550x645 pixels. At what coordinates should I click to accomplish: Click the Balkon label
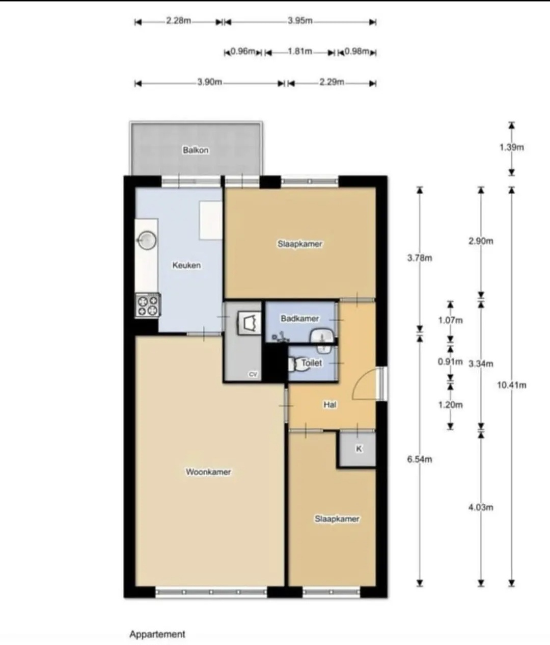coord(196,150)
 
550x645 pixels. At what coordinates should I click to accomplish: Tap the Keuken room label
coord(186,265)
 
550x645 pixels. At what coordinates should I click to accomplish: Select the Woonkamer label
coord(208,472)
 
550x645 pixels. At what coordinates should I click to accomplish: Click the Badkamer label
coord(300,319)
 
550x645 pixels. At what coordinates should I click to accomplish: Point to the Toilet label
coord(312,363)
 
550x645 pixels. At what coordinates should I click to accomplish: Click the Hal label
coord(329,405)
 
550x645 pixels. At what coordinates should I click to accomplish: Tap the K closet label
coord(359,449)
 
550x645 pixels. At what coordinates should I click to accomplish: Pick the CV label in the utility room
coord(253,374)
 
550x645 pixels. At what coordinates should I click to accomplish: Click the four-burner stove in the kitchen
coord(148,306)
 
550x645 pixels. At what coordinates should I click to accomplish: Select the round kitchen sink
coord(147,240)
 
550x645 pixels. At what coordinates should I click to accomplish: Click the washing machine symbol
coord(249,323)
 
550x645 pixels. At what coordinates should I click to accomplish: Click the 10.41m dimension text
coord(511,385)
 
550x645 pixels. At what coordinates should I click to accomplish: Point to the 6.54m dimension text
coord(420,459)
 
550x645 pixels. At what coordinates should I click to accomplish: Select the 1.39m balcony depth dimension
coord(512,147)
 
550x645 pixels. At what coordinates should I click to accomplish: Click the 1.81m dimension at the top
coord(300,51)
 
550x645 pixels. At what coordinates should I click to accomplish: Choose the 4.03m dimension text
coord(481,507)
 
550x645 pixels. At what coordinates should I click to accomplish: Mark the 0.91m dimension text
coord(450,362)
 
